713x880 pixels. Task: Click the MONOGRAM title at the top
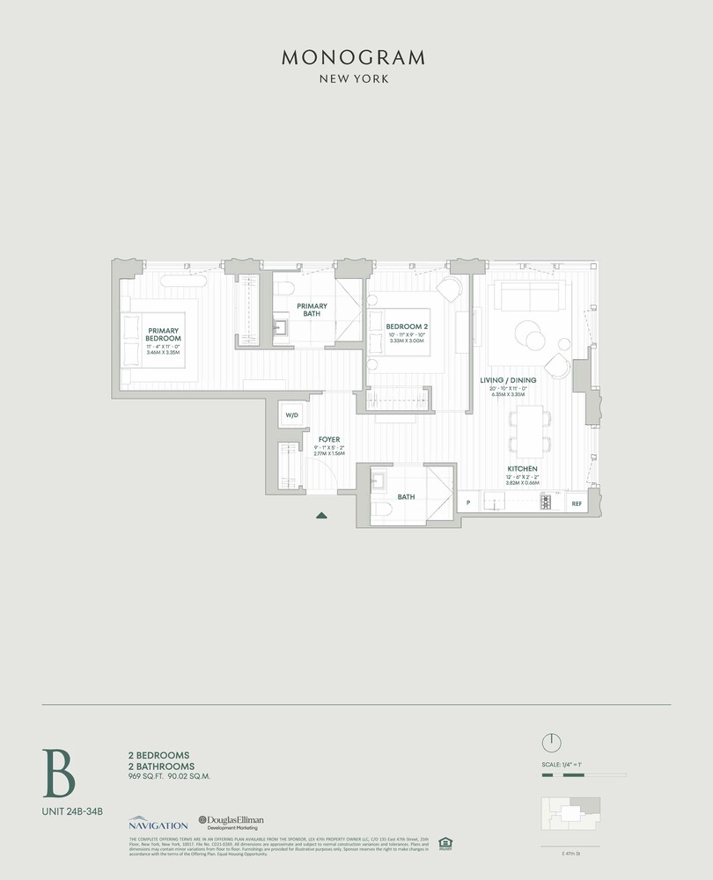(x=354, y=58)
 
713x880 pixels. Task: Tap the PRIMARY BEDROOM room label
(x=164, y=334)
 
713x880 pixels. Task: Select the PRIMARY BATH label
(x=312, y=309)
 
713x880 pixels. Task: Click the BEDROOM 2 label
(x=408, y=326)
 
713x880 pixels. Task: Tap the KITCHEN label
(x=523, y=469)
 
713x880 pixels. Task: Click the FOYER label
(x=329, y=439)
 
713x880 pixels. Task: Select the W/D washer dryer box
(x=291, y=415)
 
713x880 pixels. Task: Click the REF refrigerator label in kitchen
(x=577, y=504)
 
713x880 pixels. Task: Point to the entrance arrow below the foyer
(x=322, y=516)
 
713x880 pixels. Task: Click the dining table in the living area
(x=530, y=429)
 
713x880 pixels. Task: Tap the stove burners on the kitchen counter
(x=546, y=503)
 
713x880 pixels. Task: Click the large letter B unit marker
(x=59, y=773)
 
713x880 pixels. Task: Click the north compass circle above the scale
(x=551, y=742)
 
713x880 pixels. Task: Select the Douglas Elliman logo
(x=232, y=822)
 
